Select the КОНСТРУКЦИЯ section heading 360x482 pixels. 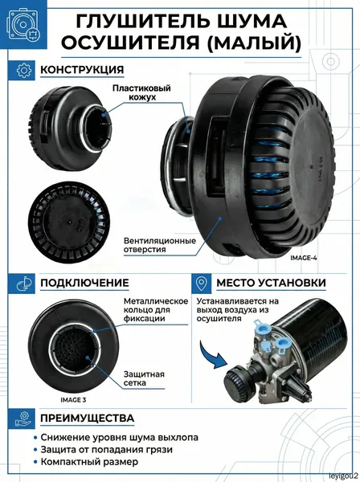[x=82, y=70]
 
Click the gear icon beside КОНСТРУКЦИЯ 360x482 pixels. [x=24, y=70]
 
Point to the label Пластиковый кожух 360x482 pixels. [x=141, y=93]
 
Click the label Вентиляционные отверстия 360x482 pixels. [x=160, y=245]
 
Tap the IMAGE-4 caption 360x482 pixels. [x=304, y=258]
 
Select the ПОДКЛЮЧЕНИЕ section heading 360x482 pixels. [x=84, y=283]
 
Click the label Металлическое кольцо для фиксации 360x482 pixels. [x=156, y=310]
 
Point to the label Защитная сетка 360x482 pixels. [x=144, y=378]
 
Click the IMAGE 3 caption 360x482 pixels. [x=73, y=400]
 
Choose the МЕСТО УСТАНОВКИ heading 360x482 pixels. [x=271, y=283]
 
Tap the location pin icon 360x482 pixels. [x=202, y=284]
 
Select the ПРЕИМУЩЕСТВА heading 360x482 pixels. [x=88, y=418]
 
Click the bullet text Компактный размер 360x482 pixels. [x=89, y=462]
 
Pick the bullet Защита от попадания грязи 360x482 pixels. [x=106, y=450]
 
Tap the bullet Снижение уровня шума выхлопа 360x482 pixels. [x=119, y=438]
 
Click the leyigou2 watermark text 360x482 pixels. [x=343, y=476]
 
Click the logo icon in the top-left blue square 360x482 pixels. [x=23, y=25]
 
